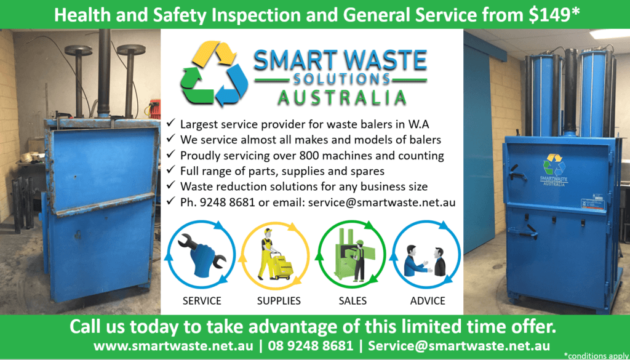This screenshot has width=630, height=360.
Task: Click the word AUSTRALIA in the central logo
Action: pyautogui.click(x=342, y=98)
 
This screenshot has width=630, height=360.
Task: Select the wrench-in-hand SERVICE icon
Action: pyautogui.click(x=202, y=255)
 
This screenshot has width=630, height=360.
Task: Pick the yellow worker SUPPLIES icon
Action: pyautogui.click(x=275, y=255)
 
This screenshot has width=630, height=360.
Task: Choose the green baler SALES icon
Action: pyautogui.click(x=351, y=255)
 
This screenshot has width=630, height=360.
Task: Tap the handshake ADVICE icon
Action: pyautogui.click(x=426, y=255)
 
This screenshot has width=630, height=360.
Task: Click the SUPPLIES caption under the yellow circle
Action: pyautogui.click(x=279, y=300)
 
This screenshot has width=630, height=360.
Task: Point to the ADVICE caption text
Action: pyautogui.click(x=428, y=300)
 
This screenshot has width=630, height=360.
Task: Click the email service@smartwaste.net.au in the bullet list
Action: pyautogui.click(x=381, y=202)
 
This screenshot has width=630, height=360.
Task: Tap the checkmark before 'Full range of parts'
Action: pyautogui.click(x=171, y=170)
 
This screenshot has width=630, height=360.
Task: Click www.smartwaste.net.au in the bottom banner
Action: pyautogui.click(x=173, y=345)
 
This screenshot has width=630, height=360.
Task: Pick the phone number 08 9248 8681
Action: pyautogui.click(x=311, y=345)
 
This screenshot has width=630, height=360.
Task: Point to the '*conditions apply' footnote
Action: pyautogui.click(x=597, y=356)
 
